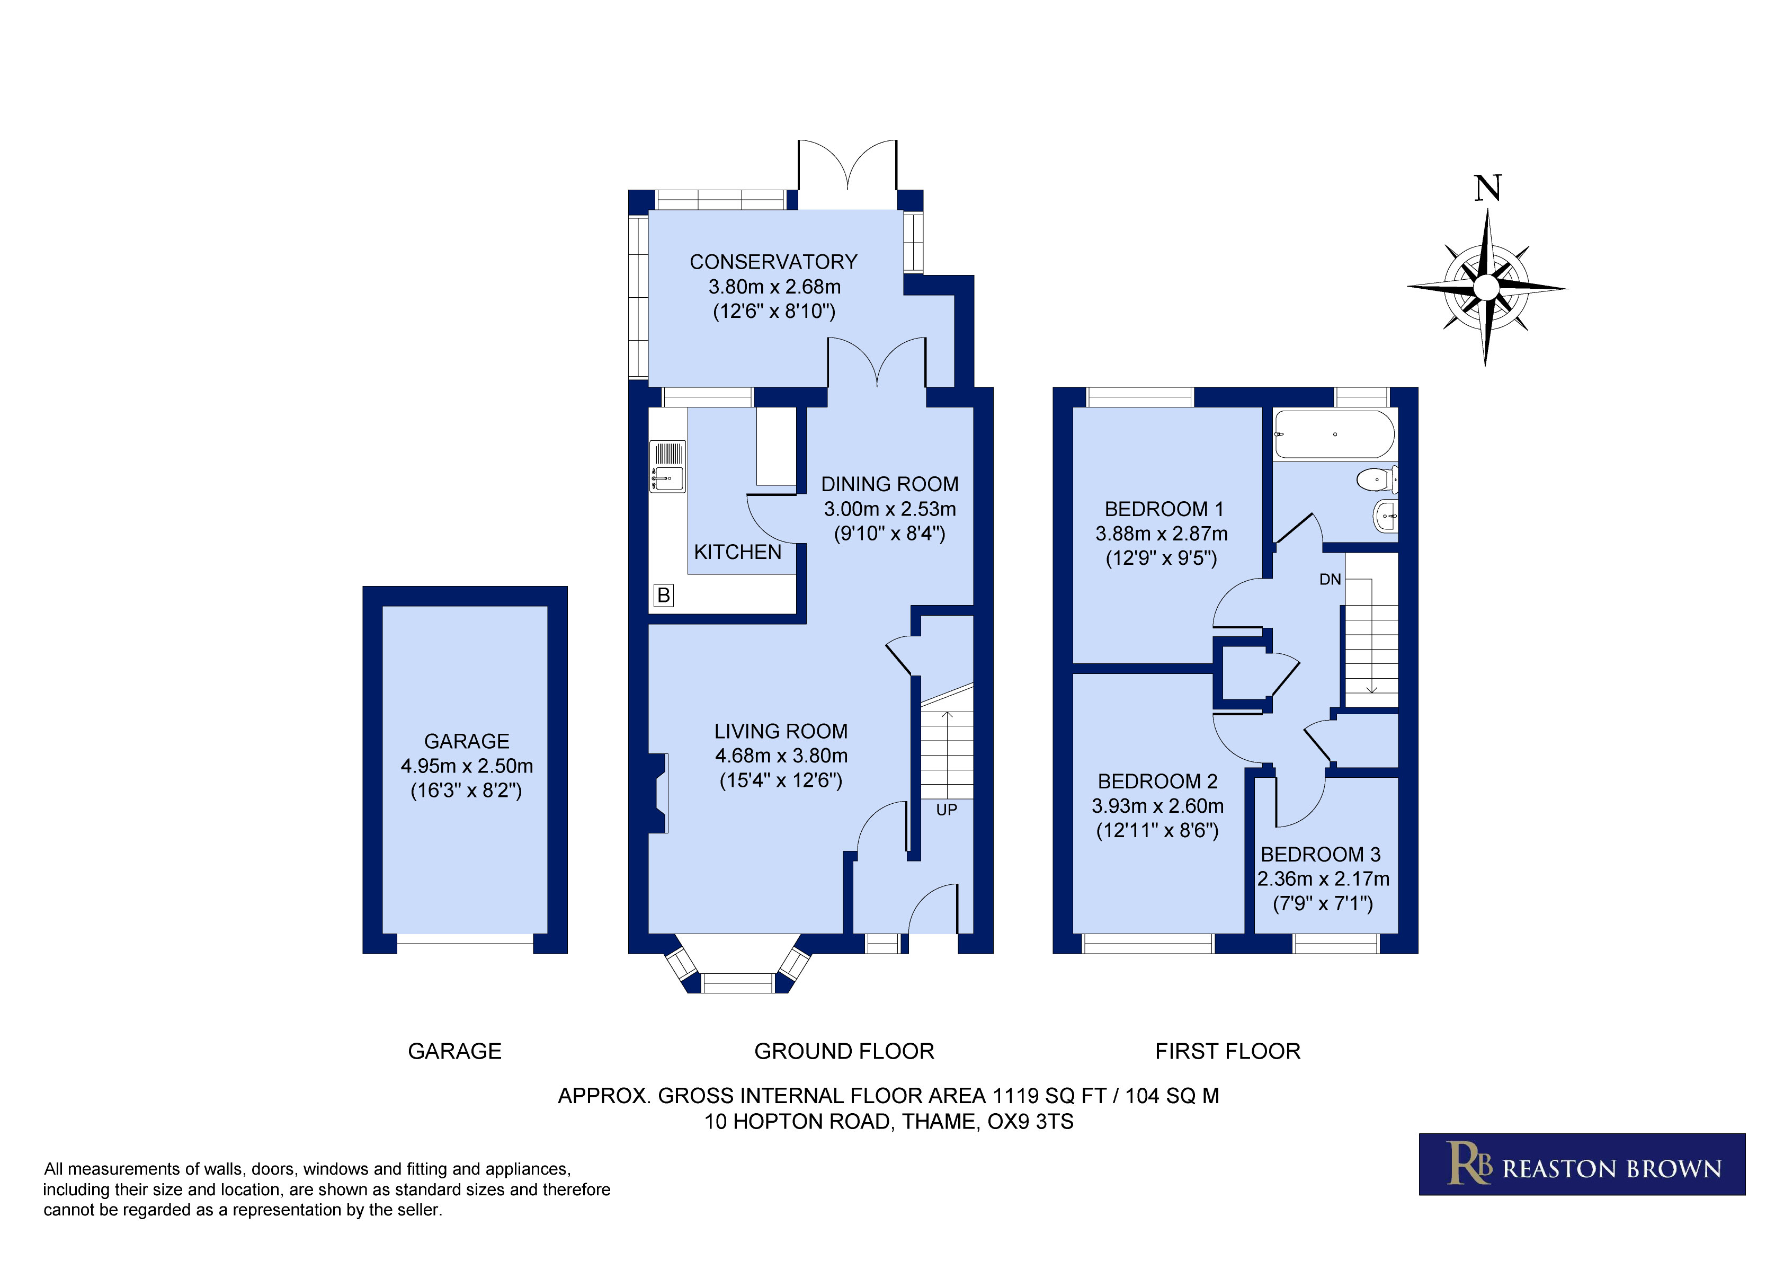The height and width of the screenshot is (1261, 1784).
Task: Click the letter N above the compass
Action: click(x=1487, y=188)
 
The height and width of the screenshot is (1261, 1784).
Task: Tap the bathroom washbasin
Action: click(x=1385, y=516)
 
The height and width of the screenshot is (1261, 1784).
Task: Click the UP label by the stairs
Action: click(x=947, y=810)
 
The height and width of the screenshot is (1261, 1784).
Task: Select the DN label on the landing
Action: click(x=1330, y=579)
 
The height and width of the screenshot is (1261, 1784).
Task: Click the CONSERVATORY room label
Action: click(x=773, y=262)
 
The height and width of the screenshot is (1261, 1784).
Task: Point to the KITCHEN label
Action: click(x=737, y=552)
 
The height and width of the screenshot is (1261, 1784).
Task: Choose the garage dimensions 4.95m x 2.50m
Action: click(x=467, y=766)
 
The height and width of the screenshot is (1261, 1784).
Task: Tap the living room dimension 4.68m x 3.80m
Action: click(x=781, y=756)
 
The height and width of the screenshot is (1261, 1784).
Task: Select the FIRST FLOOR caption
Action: click(x=1228, y=1051)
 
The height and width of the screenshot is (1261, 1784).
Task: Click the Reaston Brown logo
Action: click(x=1582, y=1164)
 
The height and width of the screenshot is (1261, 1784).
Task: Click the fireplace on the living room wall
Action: click(x=658, y=793)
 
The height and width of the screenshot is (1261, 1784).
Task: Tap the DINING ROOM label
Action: click(x=890, y=484)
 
